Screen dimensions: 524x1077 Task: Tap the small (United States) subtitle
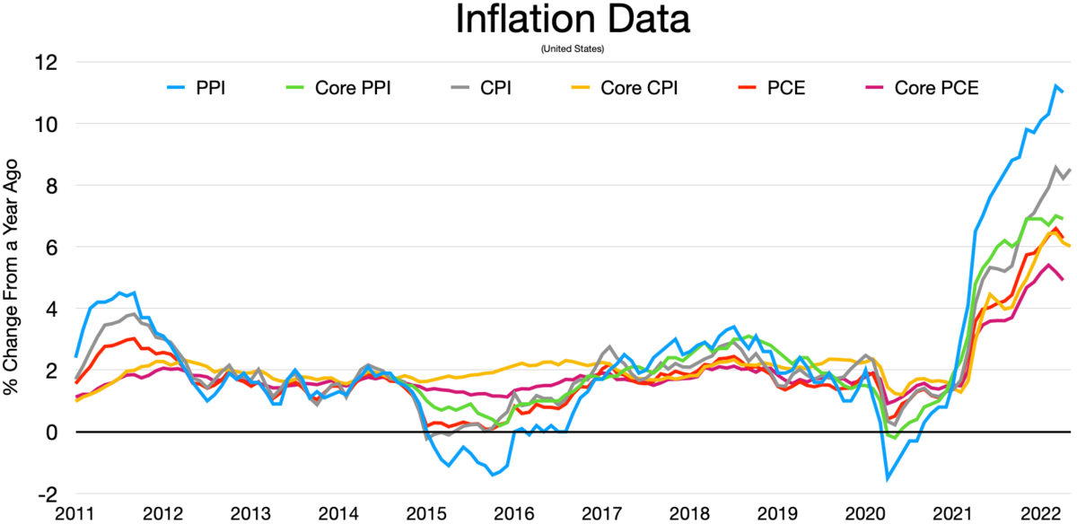pos(573,48)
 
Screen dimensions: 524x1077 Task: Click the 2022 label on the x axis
pos(1039,513)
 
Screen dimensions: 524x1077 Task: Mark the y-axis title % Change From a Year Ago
pos(13,276)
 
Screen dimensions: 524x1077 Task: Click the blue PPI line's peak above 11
pos(1055,85)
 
